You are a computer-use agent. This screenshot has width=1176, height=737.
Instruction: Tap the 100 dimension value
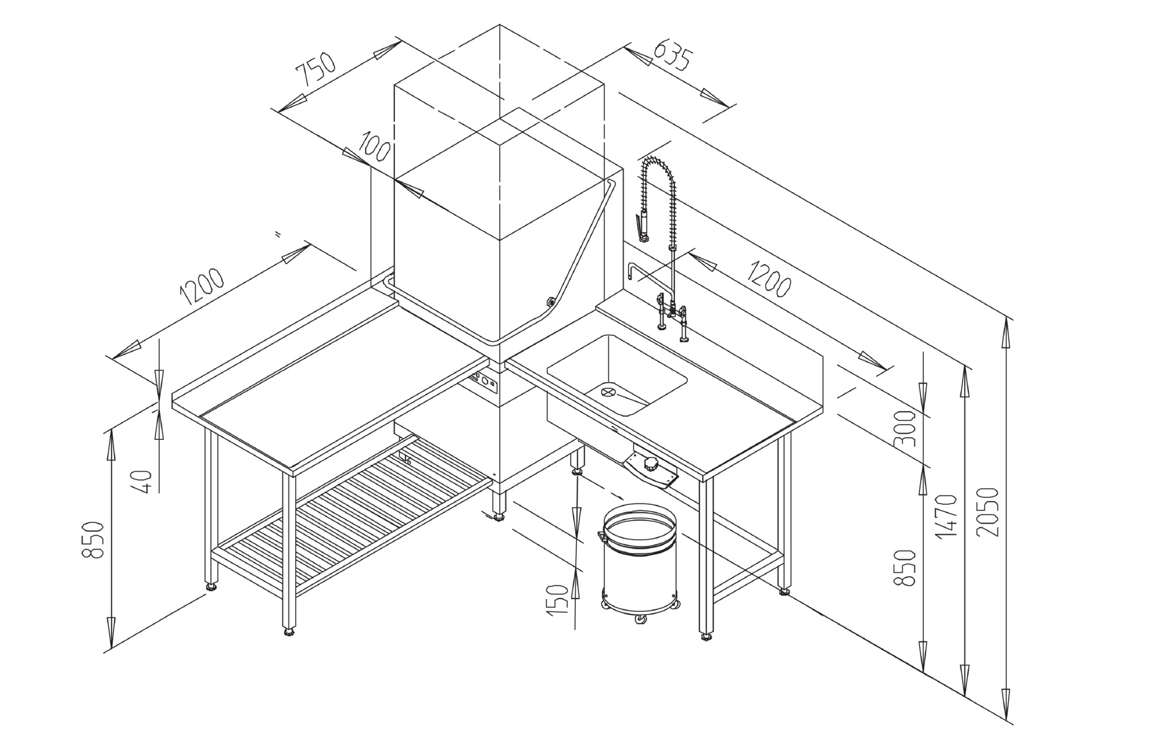coord(375,145)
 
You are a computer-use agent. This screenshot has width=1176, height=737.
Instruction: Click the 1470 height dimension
coord(946,516)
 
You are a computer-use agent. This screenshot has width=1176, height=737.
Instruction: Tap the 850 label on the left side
coord(93,540)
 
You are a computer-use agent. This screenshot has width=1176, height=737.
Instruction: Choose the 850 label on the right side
coord(908,568)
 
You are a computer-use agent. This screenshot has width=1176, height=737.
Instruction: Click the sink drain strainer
coord(608,391)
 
